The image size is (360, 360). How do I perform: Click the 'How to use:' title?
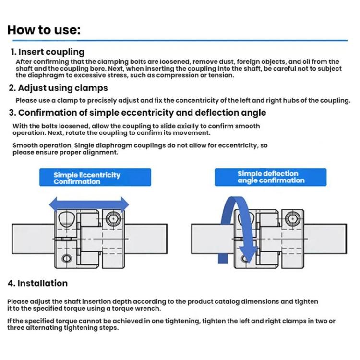click(x=44, y=30)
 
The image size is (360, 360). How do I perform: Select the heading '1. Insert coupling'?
click(x=48, y=52)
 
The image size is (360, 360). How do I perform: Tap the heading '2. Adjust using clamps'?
click(x=58, y=88)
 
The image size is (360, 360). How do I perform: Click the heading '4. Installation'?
click(x=38, y=283)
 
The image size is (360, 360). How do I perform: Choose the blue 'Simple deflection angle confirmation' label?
click(x=270, y=177)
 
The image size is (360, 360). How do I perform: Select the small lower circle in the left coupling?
click(x=66, y=260)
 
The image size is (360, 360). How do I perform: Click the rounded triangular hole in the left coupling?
click(x=66, y=220)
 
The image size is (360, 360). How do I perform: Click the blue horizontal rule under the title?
click(x=178, y=41)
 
